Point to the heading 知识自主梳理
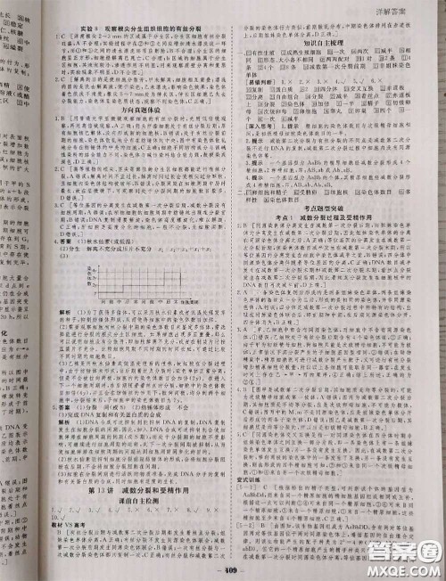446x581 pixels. (x=326, y=41)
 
